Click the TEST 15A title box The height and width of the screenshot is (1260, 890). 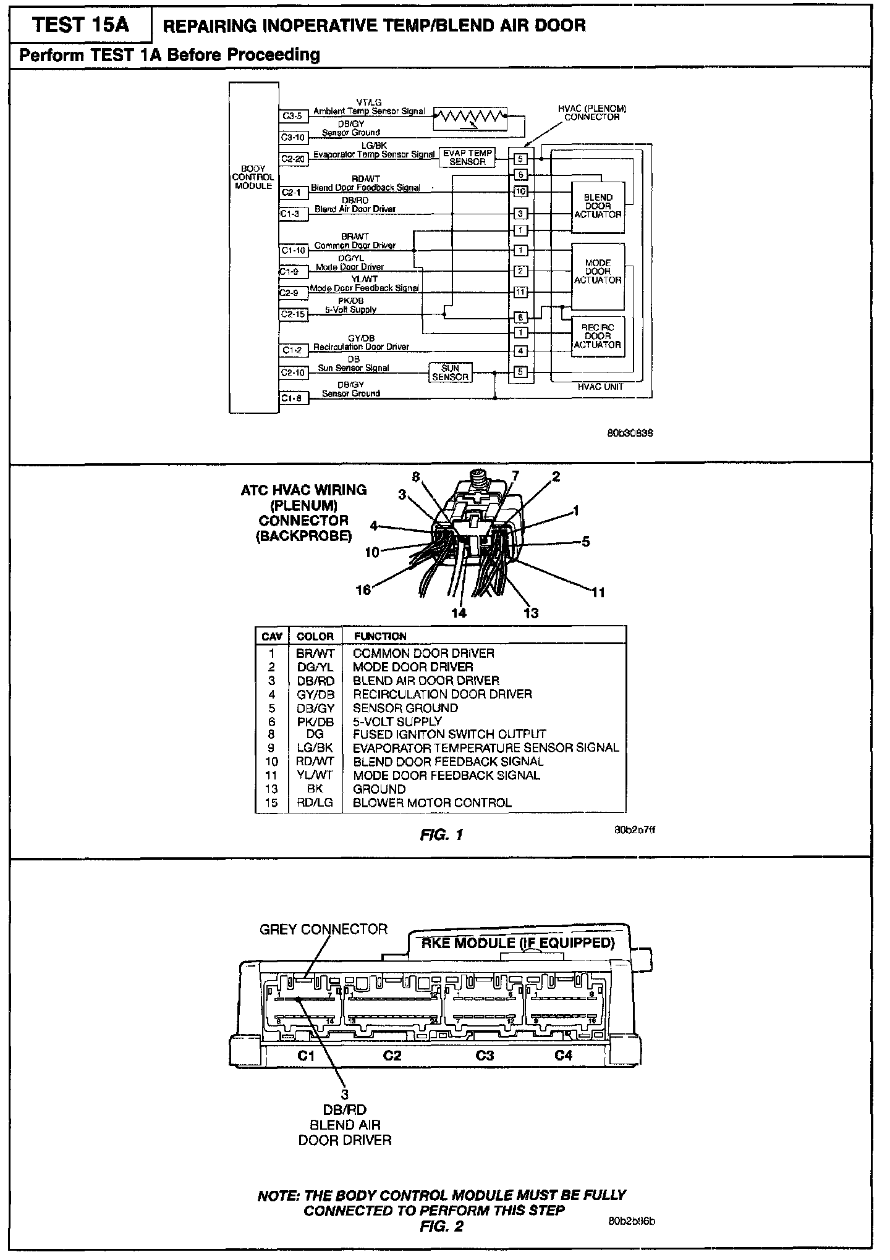click(80, 25)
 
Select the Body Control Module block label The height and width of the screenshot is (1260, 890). click(253, 177)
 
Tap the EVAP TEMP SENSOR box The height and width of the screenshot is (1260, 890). click(467, 157)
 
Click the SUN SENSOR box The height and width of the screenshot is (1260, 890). click(450, 372)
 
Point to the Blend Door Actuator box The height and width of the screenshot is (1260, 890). click(598, 206)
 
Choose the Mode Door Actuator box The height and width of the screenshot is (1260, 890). click(598, 272)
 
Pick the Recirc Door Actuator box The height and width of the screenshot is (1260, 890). click(598, 337)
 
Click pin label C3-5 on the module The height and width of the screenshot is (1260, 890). click(292, 115)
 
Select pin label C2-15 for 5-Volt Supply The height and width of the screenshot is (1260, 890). click(293, 314)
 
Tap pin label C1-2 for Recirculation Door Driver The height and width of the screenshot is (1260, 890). click(292, 350)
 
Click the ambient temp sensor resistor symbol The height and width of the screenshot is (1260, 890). click(469, 115)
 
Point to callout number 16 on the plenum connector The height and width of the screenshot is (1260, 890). click(363, 590)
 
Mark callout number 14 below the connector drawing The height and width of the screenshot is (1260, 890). click(459, 613)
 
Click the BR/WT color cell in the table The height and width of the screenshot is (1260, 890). click(315, 653)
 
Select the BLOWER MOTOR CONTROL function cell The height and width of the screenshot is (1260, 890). click(432, 803)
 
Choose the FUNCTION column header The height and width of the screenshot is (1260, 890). click(380, 636)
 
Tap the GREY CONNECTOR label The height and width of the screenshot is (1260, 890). click(323, 930)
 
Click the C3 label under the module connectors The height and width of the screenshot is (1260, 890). click(485, 1056)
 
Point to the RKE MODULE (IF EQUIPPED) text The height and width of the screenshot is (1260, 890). click(518, 943)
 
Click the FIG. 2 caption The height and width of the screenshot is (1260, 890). click(441, 1227)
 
